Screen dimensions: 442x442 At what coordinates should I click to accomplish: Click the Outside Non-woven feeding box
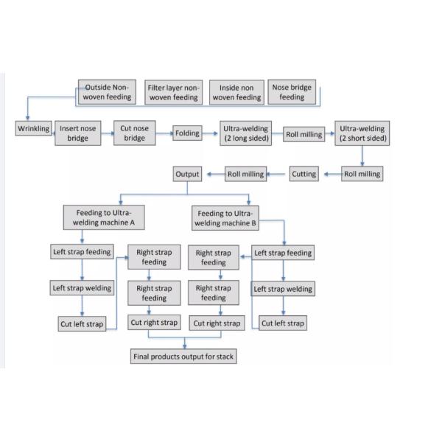pos(108,91)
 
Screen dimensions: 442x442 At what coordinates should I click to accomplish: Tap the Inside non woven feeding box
pos(236,91)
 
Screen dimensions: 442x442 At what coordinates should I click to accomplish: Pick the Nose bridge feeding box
pos(291,91)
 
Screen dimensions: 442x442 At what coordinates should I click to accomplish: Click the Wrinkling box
pos(33,129)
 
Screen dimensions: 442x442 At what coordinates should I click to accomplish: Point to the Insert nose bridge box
pos(77,133)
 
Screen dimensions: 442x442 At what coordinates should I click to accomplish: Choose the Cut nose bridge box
pos(135,133)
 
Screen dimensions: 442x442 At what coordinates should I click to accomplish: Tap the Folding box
pos(187,133)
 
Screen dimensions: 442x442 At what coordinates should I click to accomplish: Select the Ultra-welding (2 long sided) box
pos(246,133)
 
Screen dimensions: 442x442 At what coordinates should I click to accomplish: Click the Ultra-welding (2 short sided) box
pos(361,133)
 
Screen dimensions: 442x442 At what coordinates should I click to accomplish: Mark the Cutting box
pos(304,174)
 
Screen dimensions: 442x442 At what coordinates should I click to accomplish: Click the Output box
pos(187,174)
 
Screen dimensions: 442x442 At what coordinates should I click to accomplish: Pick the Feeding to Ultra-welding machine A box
pos(102,217)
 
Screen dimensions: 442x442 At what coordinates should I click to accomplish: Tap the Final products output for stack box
pos(184,357)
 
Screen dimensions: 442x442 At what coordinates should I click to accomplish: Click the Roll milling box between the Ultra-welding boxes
pos(304,135)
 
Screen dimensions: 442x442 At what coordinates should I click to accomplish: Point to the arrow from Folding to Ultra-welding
pos(211,133)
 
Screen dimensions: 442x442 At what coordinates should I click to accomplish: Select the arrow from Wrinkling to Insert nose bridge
pos(52,130)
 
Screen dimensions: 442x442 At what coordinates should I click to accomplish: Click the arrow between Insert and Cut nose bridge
pos(107,133)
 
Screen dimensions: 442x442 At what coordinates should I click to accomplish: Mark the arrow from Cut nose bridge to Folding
pos(164,133)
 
